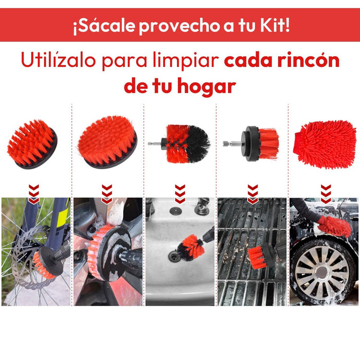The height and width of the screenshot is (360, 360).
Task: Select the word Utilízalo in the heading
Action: (58, 60)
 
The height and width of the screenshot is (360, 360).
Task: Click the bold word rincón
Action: (309, 60)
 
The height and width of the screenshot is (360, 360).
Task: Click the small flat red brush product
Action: (32, 144)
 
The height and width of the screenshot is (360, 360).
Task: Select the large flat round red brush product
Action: (107, 142)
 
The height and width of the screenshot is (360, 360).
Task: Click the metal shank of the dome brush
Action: (155, 143)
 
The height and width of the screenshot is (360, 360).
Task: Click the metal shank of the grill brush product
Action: (231, 143)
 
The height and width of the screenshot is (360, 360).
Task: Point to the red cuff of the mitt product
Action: (297, 143)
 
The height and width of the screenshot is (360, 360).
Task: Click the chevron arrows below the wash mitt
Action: (326, 194)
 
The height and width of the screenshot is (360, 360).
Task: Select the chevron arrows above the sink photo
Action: (180, 194)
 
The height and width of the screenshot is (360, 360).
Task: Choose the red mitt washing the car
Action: (334, 226)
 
